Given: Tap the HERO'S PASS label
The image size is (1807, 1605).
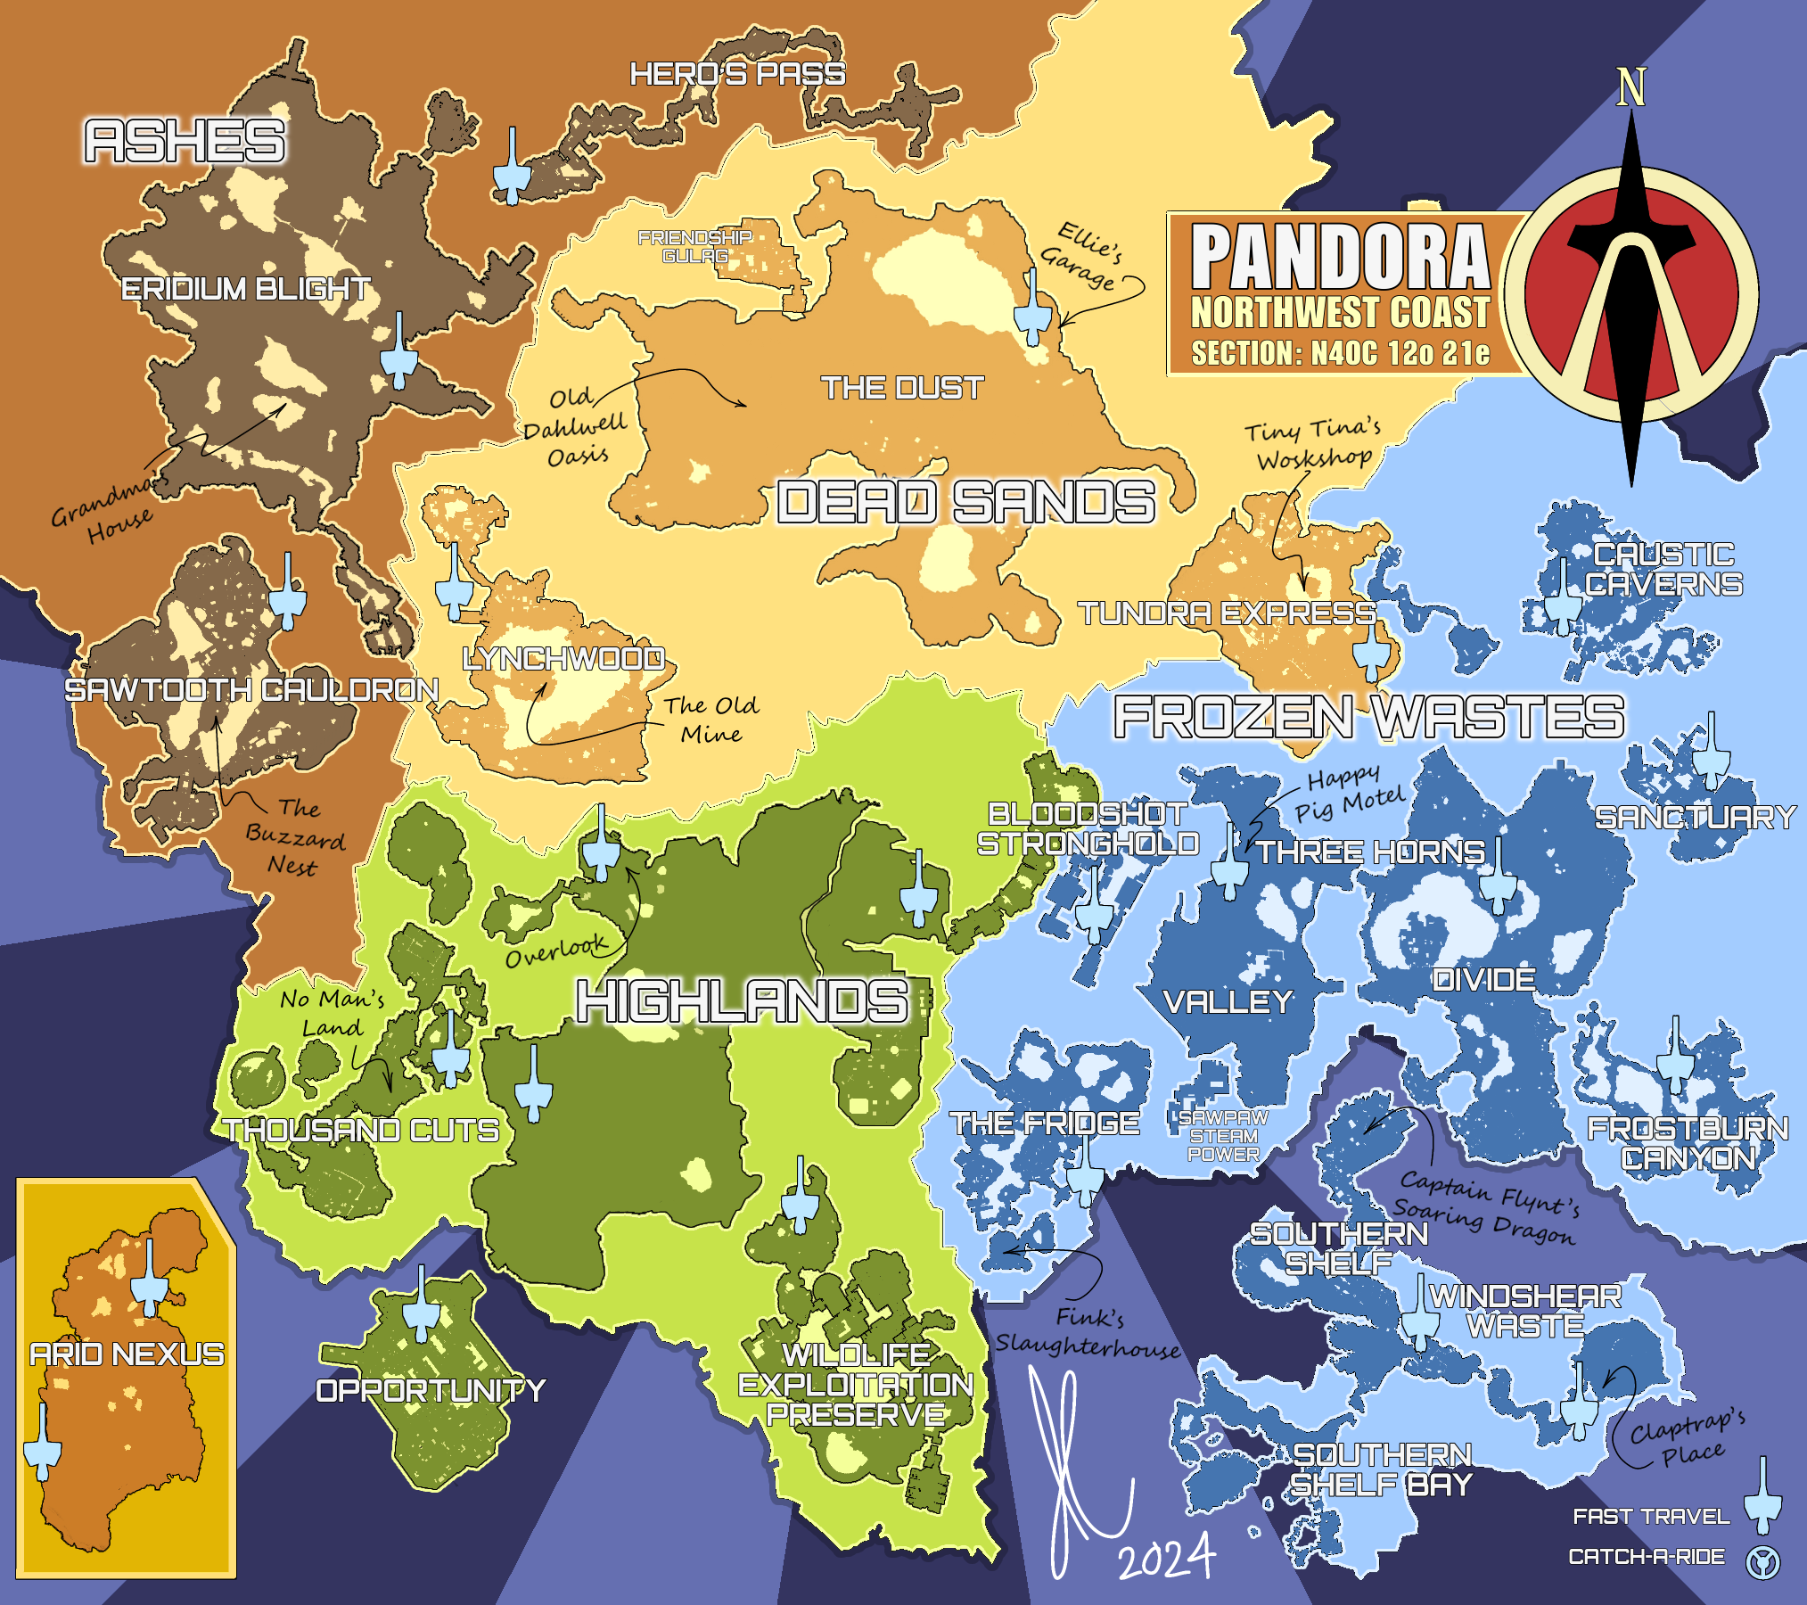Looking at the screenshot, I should click(737, 74).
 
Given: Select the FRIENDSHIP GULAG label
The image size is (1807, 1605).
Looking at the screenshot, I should click(695, 247).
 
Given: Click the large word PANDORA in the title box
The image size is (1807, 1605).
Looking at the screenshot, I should click(1340, 258).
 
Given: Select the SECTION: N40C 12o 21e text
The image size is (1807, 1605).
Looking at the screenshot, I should click(1340, 354).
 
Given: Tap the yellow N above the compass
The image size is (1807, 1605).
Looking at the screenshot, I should click(1630, 87).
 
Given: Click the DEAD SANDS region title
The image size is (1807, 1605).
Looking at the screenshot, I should click(965, 502).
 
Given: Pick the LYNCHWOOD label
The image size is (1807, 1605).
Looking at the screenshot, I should click(563, 659).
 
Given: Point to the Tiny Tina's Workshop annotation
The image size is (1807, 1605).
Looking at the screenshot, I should click(1312, 444).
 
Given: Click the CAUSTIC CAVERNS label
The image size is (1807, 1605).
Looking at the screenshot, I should click(1663, 570).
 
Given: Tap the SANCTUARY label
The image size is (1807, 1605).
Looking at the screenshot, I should click(1695, 818).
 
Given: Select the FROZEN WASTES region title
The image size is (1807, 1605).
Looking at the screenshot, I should click(1368, 718).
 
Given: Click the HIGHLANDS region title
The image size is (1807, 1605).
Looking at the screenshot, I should click(742, 1001).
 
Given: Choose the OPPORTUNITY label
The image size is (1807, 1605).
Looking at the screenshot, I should click(430, 1391).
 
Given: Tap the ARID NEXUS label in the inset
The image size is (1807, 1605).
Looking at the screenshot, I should click(127, 1354).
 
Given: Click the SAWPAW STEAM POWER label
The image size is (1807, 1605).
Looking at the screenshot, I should click(1223, 1136).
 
